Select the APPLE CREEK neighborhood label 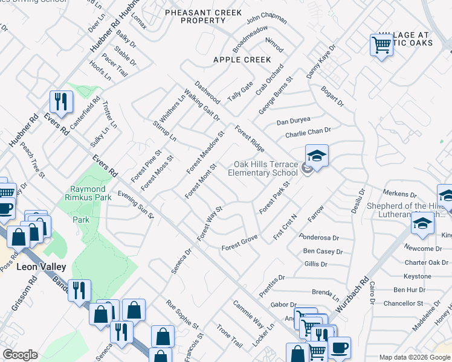coord(242,60)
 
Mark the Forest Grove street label coord(239,243)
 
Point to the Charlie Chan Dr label coord(308,131)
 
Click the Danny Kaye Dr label coord(320,62)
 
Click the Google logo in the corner coord(20,355)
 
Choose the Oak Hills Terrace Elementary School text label coord(266,168)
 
